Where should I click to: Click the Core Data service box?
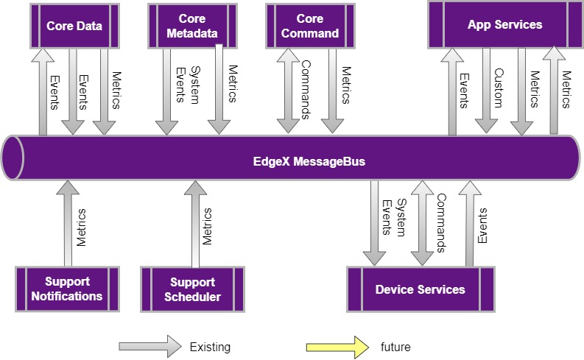[x=74, y=27]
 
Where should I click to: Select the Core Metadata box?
[x=191, y=26]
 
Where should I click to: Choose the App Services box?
[x=504, y=25]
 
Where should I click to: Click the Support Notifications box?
[x=67, y=289]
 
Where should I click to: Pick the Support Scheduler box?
[x=192, y=289]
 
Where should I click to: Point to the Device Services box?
[x=420, y=289]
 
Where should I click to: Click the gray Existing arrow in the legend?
[x=149, y=346]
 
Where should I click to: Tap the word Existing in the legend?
[x=210, y=347]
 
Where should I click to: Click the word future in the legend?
[x=395, y=347]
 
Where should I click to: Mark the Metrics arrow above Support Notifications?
[x=68, y=225]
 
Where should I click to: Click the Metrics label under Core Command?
[x=346, y=86]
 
